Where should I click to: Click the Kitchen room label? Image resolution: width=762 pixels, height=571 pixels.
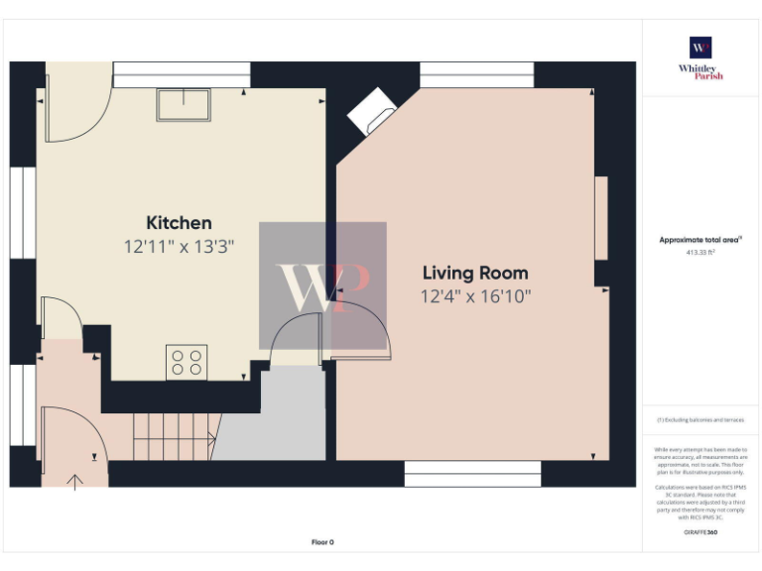point(179,223)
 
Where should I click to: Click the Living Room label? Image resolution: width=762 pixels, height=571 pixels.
point(475,273)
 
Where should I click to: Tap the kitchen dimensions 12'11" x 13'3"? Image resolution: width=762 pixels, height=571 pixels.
point(179,245)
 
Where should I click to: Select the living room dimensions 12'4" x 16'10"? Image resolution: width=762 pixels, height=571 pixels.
point(475,295)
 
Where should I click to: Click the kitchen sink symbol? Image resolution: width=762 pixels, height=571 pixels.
point(184,105)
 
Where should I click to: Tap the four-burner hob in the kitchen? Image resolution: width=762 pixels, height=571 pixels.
point(187,362)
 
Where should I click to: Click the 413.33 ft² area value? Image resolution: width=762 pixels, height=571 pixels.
point(700,253)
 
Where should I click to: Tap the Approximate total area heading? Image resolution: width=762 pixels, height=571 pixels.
point(700,240)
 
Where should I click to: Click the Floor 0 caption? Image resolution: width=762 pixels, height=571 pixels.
point(322,542)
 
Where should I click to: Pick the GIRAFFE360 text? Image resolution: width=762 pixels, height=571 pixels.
point(700,533)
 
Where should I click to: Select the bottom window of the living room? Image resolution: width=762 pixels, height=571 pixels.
point(472,474)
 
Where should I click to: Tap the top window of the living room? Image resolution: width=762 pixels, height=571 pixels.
point(476,74)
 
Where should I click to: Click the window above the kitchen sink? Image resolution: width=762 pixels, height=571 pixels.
point(181,74)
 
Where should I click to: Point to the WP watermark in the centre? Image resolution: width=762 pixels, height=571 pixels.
point(322,285)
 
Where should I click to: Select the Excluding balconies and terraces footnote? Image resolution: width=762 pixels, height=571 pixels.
point(700,420)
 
